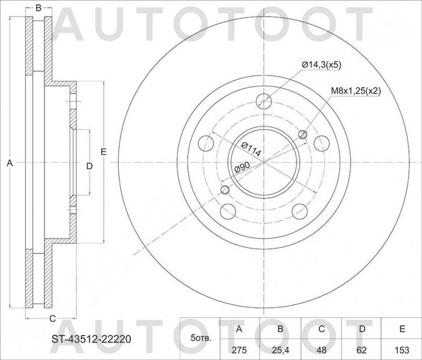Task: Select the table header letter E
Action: click(x=402, y=329)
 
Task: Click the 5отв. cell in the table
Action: click(x=200, y=338)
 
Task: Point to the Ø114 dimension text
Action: click(x=251, y=149)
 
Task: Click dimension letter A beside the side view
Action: click(x=9, y=164)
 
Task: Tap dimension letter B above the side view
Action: click(x=39, y=7)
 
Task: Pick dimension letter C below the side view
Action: click(x=52, y=318)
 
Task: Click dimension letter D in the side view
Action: click(x=89, y=166)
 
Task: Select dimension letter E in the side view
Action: click(x=104, y=152)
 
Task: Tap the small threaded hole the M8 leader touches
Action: click(x=303, y=135)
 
